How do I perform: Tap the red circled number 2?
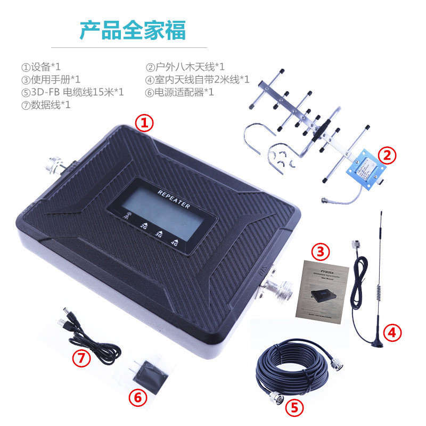pos(387,155)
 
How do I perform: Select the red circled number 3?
pos(321,250)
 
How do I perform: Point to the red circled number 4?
pos(392,333)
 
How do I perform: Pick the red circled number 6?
pos(137,397)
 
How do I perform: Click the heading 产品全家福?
pos(133,31)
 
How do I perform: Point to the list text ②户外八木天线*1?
pos(185,67)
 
